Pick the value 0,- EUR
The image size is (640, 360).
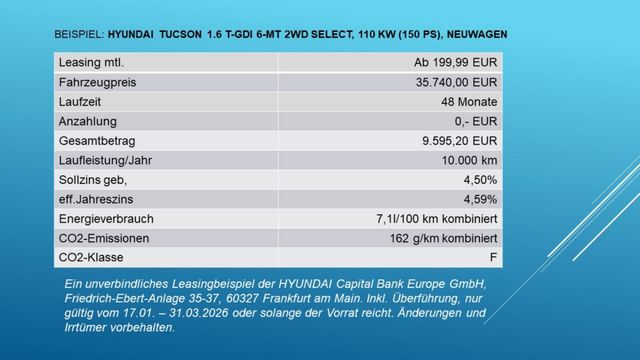(474, 121)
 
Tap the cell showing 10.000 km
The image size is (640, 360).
(468, 160)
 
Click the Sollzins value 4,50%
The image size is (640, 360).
(479, 179)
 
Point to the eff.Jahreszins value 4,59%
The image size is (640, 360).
(479, 198)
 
